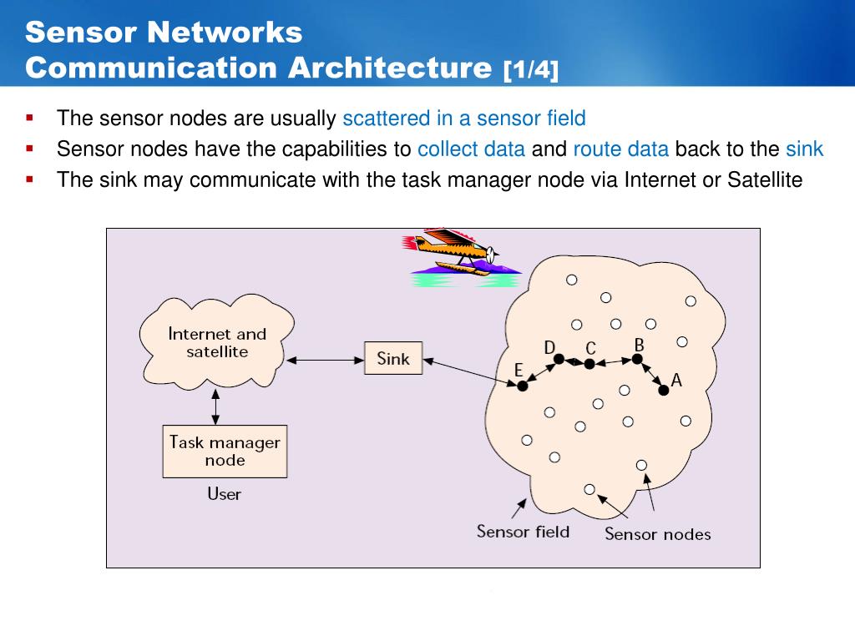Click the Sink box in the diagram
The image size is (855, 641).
(393, 358)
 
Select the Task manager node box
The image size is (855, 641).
(225, 451)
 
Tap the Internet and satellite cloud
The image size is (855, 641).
(217, 343)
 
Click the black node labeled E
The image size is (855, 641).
(523, 386)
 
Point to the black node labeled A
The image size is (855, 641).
(664, 390)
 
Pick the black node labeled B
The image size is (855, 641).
(637, 359)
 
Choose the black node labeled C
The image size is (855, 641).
(589, 364)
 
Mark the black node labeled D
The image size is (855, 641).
(559, 360)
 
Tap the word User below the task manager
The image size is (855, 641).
(224, 494)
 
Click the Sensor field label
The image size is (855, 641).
(523, 531)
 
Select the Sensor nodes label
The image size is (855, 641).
(658, 534)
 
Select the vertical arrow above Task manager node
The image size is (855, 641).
(216, 406)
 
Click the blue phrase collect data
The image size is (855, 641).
(471, 149)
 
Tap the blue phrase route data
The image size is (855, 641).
(620, 149)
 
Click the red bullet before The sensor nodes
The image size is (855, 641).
(30, 117)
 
